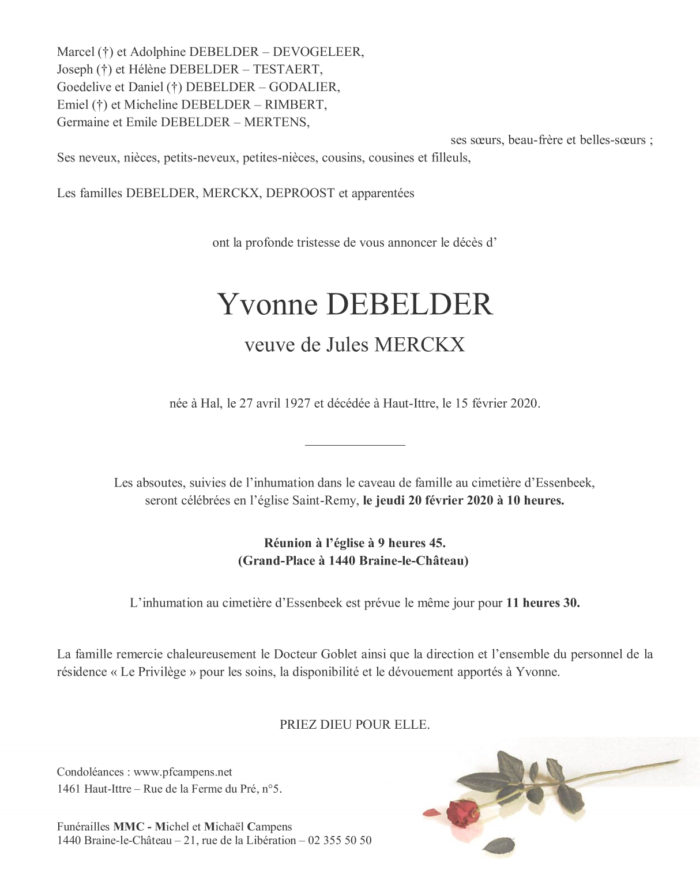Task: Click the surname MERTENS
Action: click(277, 122)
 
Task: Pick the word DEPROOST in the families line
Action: click(300, 193)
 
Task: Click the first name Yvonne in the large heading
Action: click(268, 304)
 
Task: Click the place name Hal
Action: click(212, 404)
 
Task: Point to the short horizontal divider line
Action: click(355, 445)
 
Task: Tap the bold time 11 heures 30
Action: click(543, 603)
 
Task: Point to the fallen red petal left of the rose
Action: click(431, 811)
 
